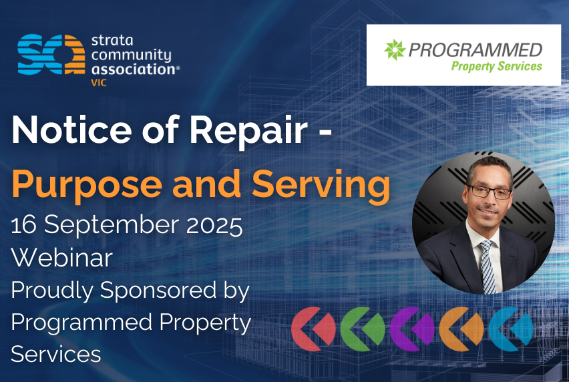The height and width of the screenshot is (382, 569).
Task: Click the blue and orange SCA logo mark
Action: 51,54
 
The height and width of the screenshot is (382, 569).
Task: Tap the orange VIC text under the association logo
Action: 99,83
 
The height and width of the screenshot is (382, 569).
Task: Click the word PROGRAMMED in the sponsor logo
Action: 476,50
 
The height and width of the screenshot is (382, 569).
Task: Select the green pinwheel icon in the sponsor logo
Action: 395,49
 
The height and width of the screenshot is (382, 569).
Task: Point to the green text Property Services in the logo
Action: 496,66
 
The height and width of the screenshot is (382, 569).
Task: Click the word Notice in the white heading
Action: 72,130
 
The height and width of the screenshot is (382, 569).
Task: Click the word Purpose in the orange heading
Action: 87,185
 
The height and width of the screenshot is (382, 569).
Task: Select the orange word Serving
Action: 321,185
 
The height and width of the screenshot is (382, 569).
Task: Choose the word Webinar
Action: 62,258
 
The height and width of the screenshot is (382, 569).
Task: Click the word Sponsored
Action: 158,291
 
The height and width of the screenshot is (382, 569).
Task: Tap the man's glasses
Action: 490,191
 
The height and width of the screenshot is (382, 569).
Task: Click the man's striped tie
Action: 488,266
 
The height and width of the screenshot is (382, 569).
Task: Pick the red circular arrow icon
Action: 313,329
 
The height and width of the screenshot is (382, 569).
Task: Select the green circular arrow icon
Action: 363,329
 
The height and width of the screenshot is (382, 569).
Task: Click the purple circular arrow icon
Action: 412,329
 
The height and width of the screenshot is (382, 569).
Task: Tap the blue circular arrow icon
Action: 511,329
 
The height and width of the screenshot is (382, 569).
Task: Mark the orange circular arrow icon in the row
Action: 461,329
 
